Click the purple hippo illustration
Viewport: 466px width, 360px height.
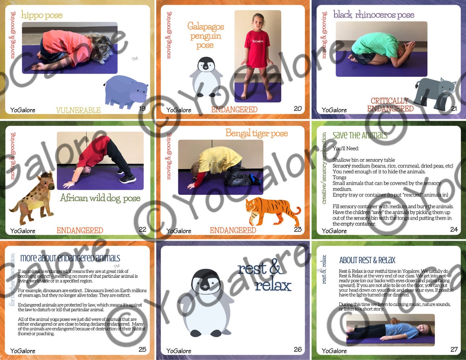point(125,92)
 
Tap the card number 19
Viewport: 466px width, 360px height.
point(142,108)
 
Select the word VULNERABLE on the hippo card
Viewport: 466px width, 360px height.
point(78,110)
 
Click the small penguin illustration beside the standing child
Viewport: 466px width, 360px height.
point(206,77)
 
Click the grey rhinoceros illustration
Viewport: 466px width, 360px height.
point(435,94)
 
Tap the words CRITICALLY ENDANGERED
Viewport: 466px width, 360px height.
point(390,105)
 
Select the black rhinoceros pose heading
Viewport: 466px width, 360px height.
point(373,15)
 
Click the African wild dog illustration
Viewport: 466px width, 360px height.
point(33,198)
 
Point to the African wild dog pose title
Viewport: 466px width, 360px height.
point(100,199)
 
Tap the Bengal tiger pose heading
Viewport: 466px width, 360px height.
point(256,133)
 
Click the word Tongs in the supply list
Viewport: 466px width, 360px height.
point(340,177)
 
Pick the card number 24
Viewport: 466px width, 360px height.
point(454,229)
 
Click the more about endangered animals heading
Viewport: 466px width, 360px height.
point(70,258)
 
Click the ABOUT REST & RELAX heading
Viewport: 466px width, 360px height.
point(367,260)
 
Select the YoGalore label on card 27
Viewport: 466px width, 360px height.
point(334,351)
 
